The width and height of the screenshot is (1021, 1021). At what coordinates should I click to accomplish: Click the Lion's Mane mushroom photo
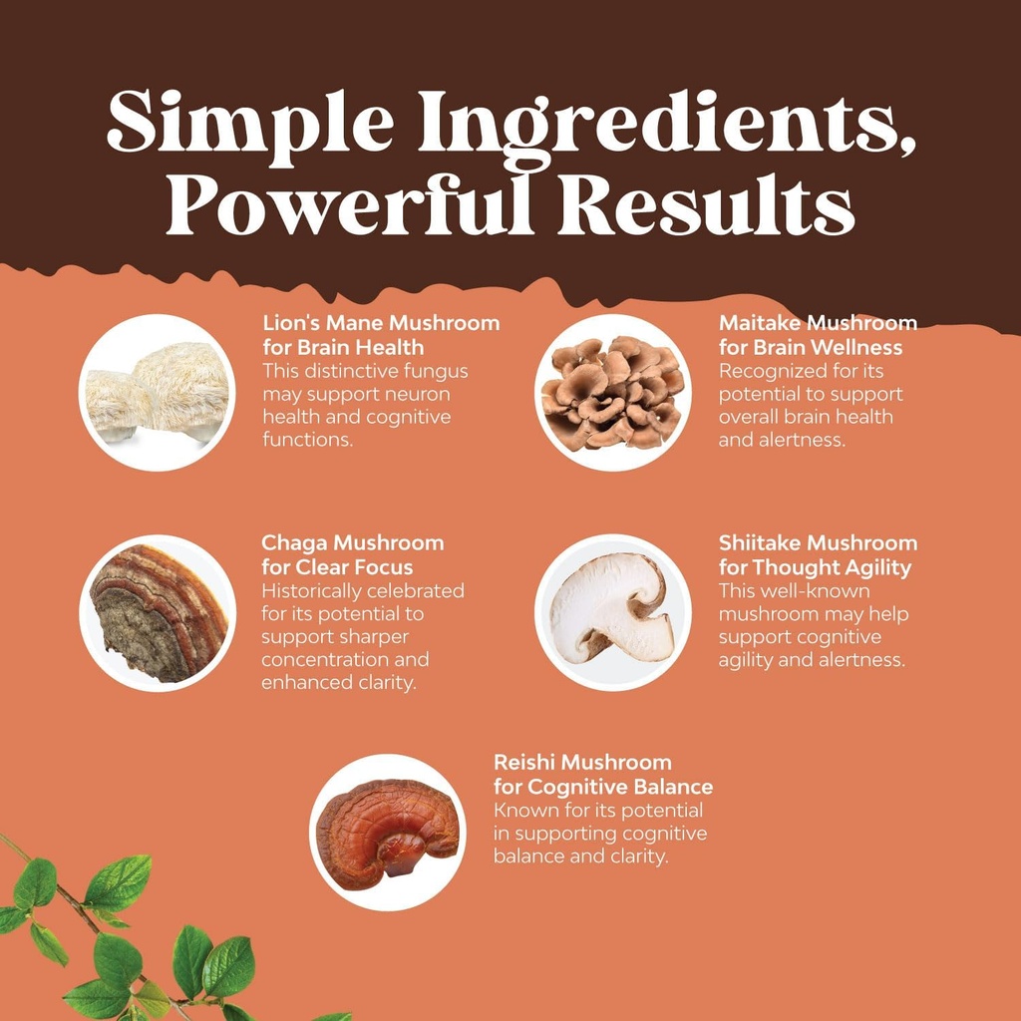[x=158, y=393]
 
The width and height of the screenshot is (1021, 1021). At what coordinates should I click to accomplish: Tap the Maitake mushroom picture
[x=612, y=393]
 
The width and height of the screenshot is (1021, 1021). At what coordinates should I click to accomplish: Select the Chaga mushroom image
[x=158, y=613]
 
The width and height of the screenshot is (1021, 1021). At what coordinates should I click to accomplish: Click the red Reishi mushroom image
[x=387, y=833]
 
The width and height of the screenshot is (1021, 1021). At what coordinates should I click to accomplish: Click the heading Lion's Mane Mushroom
[x=381, y=323]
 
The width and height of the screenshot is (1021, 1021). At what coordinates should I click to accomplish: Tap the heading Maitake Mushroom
[x=818, y=323]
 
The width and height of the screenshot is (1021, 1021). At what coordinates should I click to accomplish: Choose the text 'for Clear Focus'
[x=337, y=567]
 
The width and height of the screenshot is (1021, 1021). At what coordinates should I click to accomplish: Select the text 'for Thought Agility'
[x=815, y=567]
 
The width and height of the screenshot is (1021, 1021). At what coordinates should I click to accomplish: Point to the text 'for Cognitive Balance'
[x=603, y=787]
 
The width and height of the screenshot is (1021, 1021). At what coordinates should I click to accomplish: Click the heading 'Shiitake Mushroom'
[x=818, y=543]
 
